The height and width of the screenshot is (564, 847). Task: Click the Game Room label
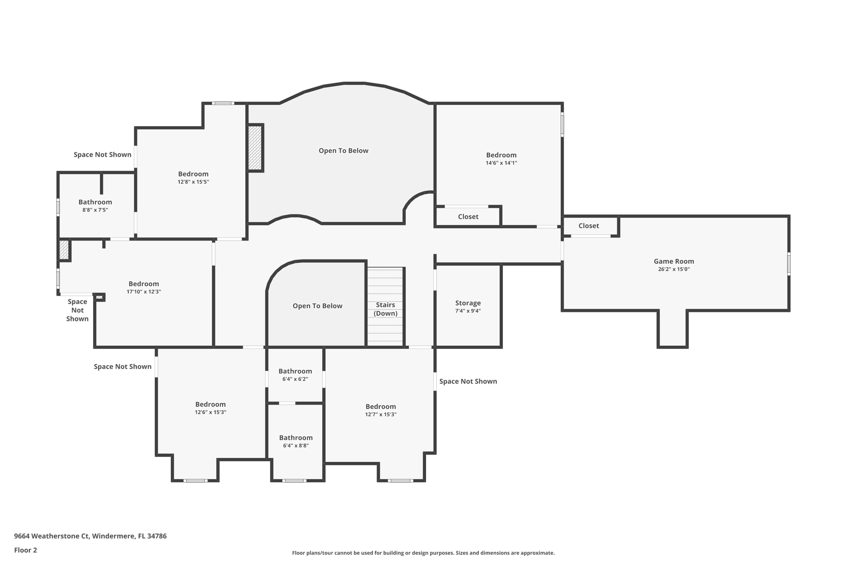[x=673, y=261]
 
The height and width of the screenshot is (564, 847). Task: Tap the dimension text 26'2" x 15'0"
[x=673, y=269]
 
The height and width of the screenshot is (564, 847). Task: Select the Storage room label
[x=468, y=303]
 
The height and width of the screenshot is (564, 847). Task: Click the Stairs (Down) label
[x=385, y=309]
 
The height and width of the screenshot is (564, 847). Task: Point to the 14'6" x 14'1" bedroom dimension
[x=501, y=163]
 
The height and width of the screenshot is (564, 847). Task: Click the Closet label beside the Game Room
[x=588, y=226]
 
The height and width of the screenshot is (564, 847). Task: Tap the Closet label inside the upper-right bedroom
[x=468, y=217]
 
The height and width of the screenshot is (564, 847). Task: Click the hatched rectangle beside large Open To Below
[x=255, y=148]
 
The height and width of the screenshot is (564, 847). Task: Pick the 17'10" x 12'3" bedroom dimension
[x=144, y=292]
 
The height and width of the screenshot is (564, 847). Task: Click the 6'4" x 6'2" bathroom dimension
[x=295, y=379]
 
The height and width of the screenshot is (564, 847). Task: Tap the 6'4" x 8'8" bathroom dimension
[x=295, y=445]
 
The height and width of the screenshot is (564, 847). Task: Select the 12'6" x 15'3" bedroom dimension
[x=210, y=412]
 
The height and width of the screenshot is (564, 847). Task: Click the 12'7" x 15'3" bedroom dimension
[x=380, y=414]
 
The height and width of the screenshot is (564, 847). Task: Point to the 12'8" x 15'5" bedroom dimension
[x=193, y=182]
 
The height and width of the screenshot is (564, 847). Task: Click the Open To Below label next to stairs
[x=317, y=306]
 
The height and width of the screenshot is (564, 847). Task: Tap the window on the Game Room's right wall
[x=788, y=264]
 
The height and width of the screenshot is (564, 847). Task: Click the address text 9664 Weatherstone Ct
[x=51, y=536]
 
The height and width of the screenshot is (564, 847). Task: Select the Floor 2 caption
[x=25, y=550]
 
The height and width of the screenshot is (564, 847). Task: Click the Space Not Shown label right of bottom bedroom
[x=468, y=381]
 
